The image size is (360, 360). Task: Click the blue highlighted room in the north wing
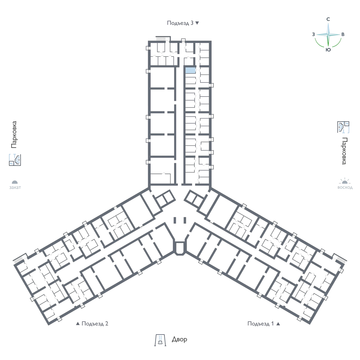(x=190, y=70)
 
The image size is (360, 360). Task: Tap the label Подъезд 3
(x=180, y=23)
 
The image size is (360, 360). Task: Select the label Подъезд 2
(x=95, y=323)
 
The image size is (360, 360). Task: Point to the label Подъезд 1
(x=260, y=323)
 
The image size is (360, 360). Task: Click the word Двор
(x=179, y=339)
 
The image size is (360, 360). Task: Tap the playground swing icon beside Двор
(x=160, y=340)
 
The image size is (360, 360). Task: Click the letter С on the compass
(x=328, y=19)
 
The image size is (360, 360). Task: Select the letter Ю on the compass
(x=328, y=50)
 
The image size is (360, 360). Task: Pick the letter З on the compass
(x=313, y=34)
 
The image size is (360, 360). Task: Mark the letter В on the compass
(x=343, y=34)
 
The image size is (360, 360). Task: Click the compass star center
(x=328, y=34)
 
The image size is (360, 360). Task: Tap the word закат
(x=15, y=187)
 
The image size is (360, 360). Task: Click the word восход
(x=345, y=187)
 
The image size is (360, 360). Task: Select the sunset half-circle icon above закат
(x=15, y=182)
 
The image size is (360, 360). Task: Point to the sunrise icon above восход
(x=345, y=181)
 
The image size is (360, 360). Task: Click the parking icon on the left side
(x=15, y=160)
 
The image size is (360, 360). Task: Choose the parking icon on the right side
(x=343, y=127)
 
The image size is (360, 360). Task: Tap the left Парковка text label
(x=14, y=134)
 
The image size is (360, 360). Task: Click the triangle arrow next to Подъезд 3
(x=197, y=23)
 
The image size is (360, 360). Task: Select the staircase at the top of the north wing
(x=161, y=38)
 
